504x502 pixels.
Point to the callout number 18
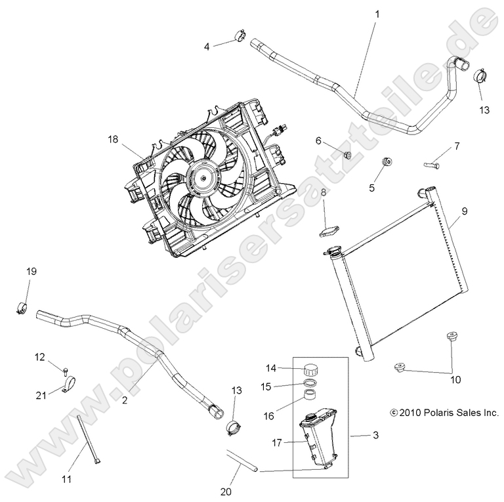pyautogui.click(x=114, y=139)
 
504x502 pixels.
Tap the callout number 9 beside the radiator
pyautogui.click(x=463, y=211)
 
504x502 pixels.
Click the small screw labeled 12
pyautogui.click(x=66, y=368)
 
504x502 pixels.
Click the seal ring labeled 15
pyautogui.click(x=312, y=385)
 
